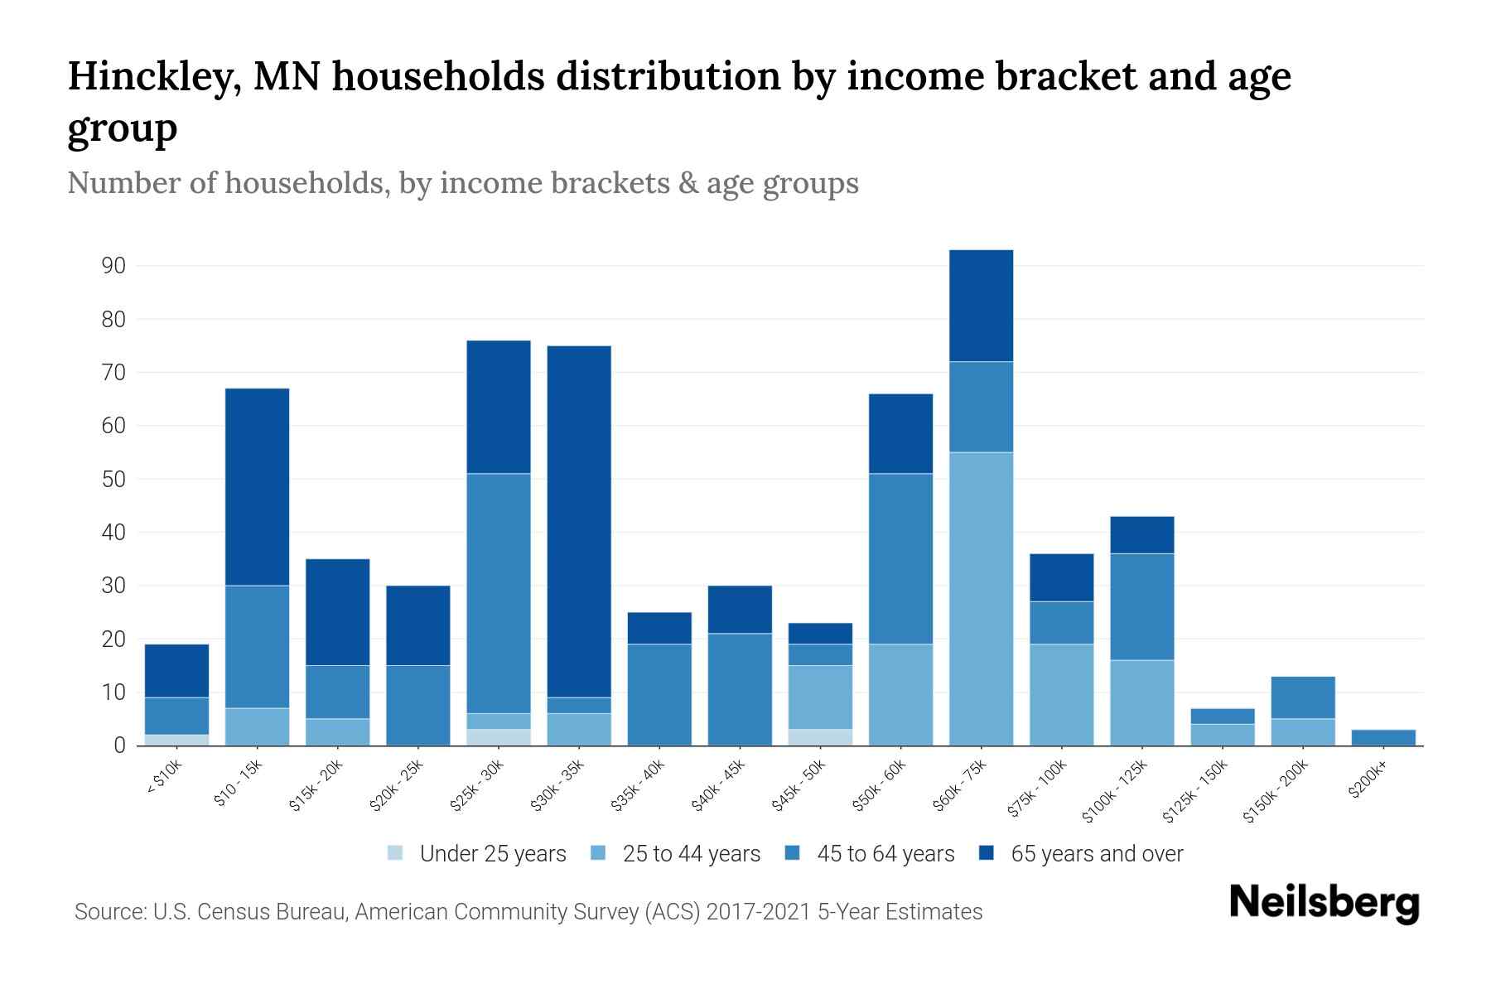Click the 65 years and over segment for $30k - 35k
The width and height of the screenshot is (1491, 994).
pos(579,521)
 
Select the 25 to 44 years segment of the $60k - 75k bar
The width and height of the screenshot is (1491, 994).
pos(981,598)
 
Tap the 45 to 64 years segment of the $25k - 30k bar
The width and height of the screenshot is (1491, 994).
pos(499,593)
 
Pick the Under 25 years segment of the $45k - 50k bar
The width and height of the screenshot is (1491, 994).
pos(820,737)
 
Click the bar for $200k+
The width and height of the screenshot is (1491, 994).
pos(1383,737)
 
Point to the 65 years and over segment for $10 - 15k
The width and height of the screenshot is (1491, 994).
pos(257,486)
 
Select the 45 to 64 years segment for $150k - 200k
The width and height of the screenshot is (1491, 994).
pos(1303,697)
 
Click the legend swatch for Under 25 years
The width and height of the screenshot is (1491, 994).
pos(396,853)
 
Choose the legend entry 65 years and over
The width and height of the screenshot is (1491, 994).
pos(1097,853)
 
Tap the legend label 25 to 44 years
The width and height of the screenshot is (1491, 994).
pos(691,853)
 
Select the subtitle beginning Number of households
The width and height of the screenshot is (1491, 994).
pos(462,183)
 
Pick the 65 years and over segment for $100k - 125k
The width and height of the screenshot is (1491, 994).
pos(1141,534)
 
